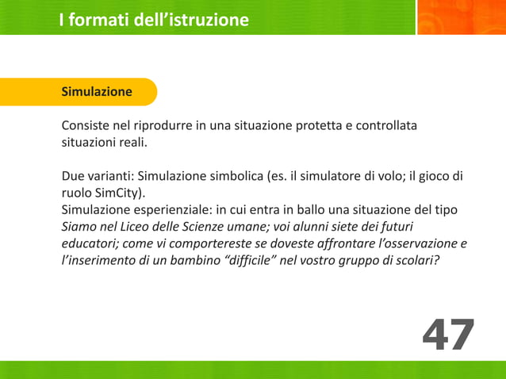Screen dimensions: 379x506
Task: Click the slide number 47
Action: click(x=448, y=335)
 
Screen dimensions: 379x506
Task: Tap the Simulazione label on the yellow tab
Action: click(x=97, y=92)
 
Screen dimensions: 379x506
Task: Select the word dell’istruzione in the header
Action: click(x=203, y=20)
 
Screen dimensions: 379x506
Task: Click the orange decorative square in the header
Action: click(x=461, y=17)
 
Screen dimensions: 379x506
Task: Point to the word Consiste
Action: click(x=88, y=126)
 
